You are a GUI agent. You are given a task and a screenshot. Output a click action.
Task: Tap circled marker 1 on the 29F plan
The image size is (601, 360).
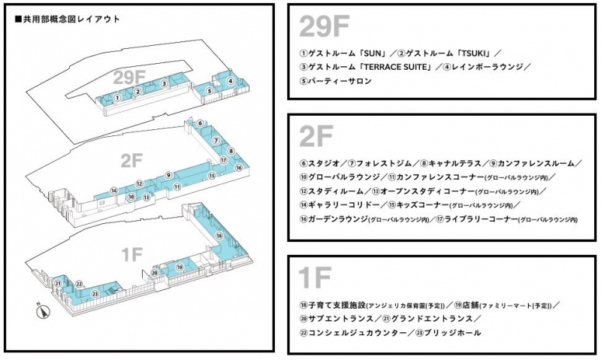pyautogui.click(x=118, y=98)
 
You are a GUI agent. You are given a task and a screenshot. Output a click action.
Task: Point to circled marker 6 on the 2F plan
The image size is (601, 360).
pyautogui.click(x=201, y=123)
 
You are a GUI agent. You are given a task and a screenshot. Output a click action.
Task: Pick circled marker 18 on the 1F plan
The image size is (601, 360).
pyautogui.click(x=219, y=235)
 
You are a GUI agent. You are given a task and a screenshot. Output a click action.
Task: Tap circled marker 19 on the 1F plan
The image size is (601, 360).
pyautogui.click(x=180, y=267)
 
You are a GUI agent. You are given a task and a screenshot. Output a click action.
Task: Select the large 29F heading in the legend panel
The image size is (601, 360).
pyautogui.click(x=325, y=26)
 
